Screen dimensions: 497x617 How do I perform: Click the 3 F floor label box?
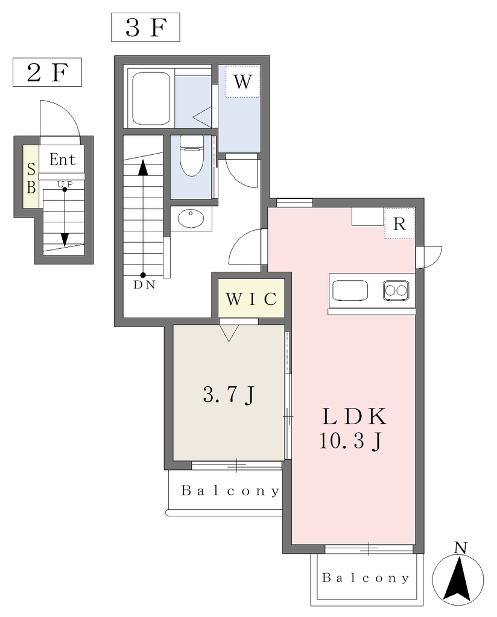point(145,27)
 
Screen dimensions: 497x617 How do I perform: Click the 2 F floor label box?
point(47,72)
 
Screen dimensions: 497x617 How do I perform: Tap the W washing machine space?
point(242,81)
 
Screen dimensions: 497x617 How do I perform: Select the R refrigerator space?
point(399,223)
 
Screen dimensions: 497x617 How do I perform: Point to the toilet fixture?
point(191,155)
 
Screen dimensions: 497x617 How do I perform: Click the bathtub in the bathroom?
point(151,98)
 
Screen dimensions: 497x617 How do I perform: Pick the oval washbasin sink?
point(191,218)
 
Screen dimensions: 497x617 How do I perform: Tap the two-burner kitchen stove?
point(396,291)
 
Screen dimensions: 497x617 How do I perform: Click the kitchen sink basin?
point(350,291)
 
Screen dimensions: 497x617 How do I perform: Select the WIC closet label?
point(252,299)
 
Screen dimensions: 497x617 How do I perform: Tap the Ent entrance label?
point(62,159)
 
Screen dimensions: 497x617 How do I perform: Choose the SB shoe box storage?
point(31,177)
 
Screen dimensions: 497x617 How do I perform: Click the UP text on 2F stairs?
point(65,184)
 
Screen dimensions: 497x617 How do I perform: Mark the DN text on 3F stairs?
point(144,285)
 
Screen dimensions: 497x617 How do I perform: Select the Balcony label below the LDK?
point(366,577)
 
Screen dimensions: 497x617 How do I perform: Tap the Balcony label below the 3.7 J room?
point(230,490)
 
